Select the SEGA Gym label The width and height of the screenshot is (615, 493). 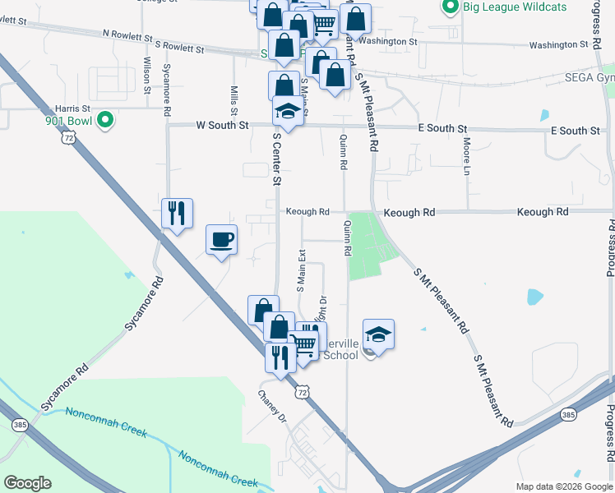click(589, 78)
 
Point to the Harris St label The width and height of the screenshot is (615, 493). click(72, 108)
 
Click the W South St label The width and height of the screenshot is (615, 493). click(222, 126)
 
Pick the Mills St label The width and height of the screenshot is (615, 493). click(234, 100)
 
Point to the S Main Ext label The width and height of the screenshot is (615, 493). click(302, 269)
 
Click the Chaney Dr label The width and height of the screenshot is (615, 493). click(271, 407)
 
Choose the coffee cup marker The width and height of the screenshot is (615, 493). click(221, 239)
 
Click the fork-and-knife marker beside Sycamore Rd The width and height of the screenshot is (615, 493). click(177, 213)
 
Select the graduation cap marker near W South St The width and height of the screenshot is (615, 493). click(288, 109)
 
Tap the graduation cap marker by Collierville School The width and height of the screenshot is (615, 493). click(378, 334)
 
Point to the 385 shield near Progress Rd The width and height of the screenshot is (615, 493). click(568, 415)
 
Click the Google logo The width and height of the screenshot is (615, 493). click(27, 483)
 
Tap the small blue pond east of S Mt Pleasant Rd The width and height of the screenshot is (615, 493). click(534, 296)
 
